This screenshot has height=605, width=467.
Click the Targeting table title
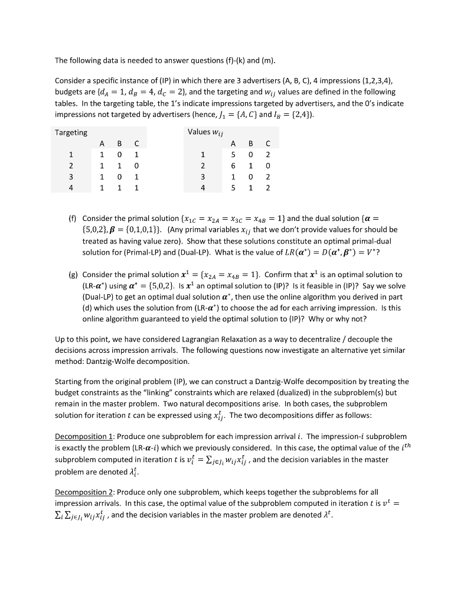(x=71, y=132)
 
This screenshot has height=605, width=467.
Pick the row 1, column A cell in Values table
(x=234, y=155)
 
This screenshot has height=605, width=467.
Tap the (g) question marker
(x=71, y=275)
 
